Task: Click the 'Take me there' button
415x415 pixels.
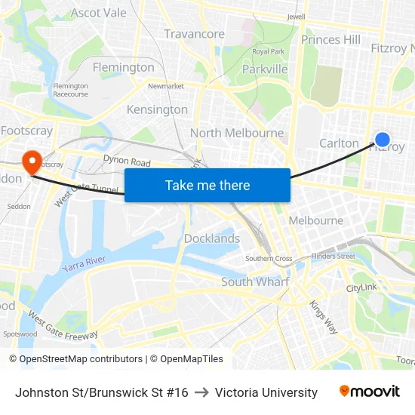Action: [207, 185]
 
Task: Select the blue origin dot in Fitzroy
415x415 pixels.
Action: [383, 140]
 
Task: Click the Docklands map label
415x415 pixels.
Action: [212, 238]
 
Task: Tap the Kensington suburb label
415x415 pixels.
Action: [157, 109]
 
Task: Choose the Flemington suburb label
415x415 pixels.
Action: [123, 67]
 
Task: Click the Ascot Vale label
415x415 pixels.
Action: [98, 13]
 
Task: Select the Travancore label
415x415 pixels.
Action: [194, 34]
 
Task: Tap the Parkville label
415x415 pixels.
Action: [265, 69]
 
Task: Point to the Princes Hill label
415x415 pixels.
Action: [330, 39]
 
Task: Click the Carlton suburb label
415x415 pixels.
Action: [339, 143]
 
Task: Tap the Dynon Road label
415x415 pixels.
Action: [127, 161]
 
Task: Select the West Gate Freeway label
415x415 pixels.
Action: [63, 325]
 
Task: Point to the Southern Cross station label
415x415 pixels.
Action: [269, 259]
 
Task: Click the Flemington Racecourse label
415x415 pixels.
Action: [71, 90]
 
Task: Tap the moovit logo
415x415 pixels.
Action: [370, 392]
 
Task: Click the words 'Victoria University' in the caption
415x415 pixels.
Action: [266, 392]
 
